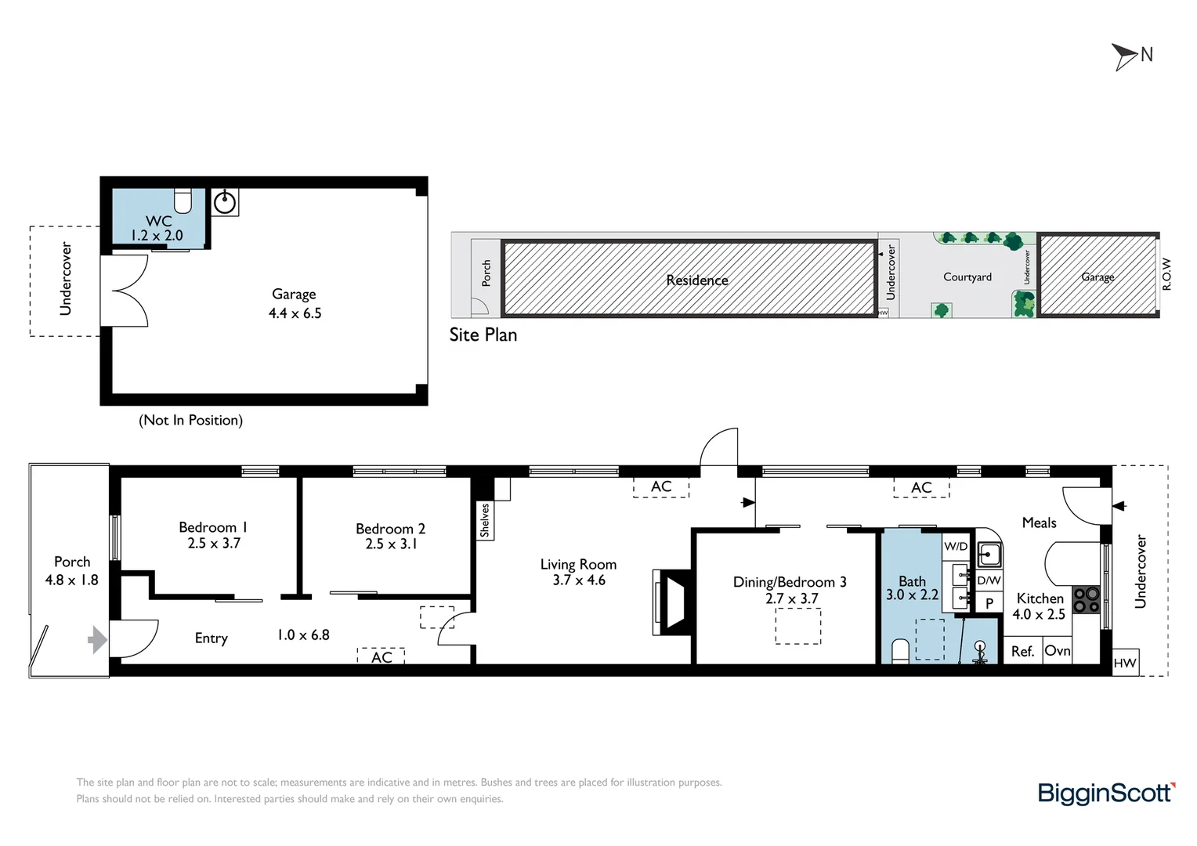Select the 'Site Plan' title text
point(483,334)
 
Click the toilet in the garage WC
point(183,201)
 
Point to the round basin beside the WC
point(224,202)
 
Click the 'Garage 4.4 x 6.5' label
point(295,303)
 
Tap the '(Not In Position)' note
point(191,420)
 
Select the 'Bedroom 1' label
point(213,527)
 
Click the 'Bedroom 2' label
point(391,529)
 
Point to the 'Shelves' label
point(485,520)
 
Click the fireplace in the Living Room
point(672,602)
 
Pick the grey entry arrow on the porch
point(97,640)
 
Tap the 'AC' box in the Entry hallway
point(381,656)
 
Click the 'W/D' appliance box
point(956,546)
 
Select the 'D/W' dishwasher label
point(989,580)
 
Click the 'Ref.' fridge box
point(1023,650)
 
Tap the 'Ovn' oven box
point(1057,650)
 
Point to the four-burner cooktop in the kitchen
point(1087,599)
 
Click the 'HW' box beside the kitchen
point(1125,663)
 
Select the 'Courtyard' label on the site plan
point(967,277)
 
